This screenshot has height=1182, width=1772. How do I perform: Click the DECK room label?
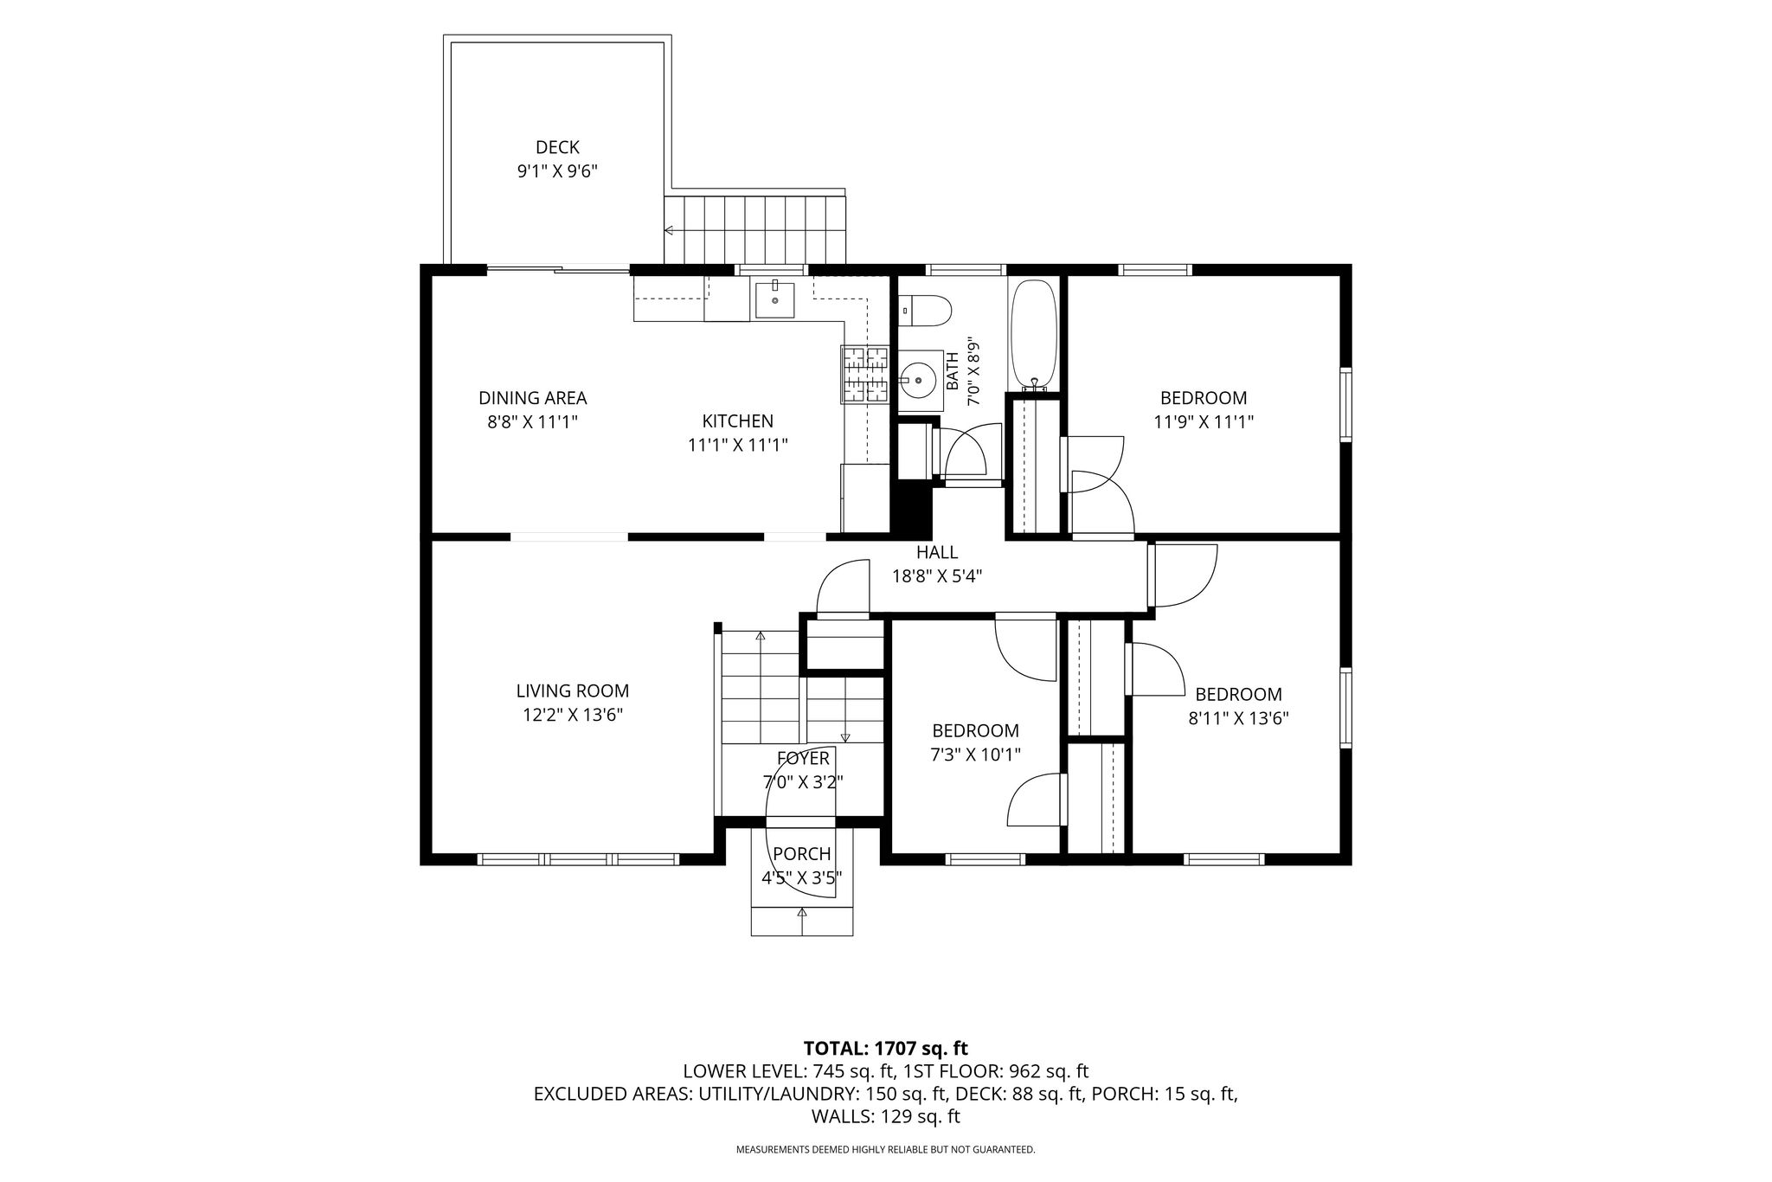point(557,148)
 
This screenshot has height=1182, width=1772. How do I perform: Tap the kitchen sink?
point(774,299)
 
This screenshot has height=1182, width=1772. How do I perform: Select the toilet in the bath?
point(925,309)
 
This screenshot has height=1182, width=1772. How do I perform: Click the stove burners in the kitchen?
point(864,374)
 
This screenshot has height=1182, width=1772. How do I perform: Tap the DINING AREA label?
point(533,398)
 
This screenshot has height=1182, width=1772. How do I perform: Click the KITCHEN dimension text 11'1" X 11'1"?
point(738,445)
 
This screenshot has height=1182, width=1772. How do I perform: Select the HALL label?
point(937,552)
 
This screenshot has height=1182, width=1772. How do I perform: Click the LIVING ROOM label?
point(573,691)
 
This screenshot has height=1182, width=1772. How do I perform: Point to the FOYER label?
point(803,759)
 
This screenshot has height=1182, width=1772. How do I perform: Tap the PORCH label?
point(802,854)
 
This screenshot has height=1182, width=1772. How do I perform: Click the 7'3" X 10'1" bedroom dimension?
point(975,755)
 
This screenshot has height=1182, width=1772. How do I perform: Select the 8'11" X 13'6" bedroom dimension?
point(1238,718)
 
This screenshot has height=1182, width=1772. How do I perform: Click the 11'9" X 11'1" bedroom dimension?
point(1204,422)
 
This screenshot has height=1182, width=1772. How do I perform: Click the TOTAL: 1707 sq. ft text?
point(886,1049)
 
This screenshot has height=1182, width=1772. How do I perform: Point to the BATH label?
point(952,371)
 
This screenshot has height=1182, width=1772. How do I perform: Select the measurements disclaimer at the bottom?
point(885,1150)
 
